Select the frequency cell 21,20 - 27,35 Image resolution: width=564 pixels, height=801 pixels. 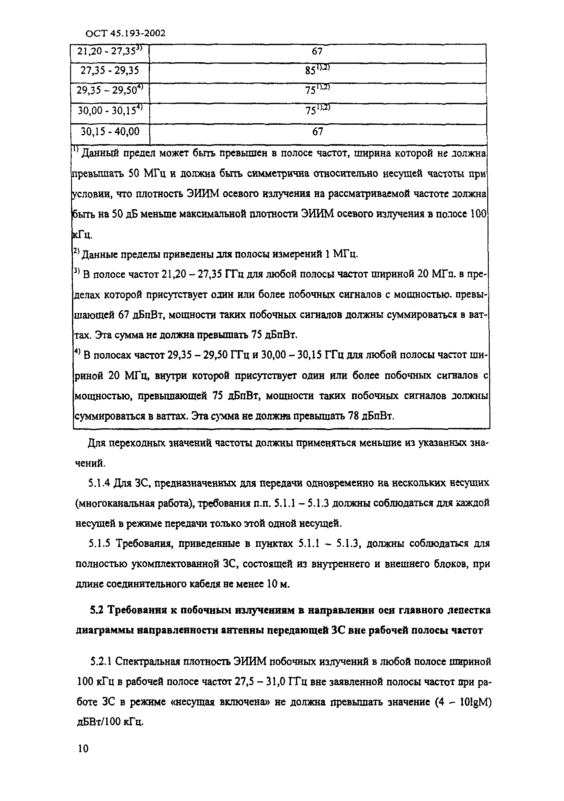109,52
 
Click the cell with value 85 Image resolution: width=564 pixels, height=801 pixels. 317,71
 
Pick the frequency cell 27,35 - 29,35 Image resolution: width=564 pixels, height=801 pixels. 109,71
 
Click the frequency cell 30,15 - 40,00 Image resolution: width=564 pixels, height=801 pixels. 109,131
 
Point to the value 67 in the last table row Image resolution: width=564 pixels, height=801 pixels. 317,131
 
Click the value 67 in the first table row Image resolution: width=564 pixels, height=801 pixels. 317,52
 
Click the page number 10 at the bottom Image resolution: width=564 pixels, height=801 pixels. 83,749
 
